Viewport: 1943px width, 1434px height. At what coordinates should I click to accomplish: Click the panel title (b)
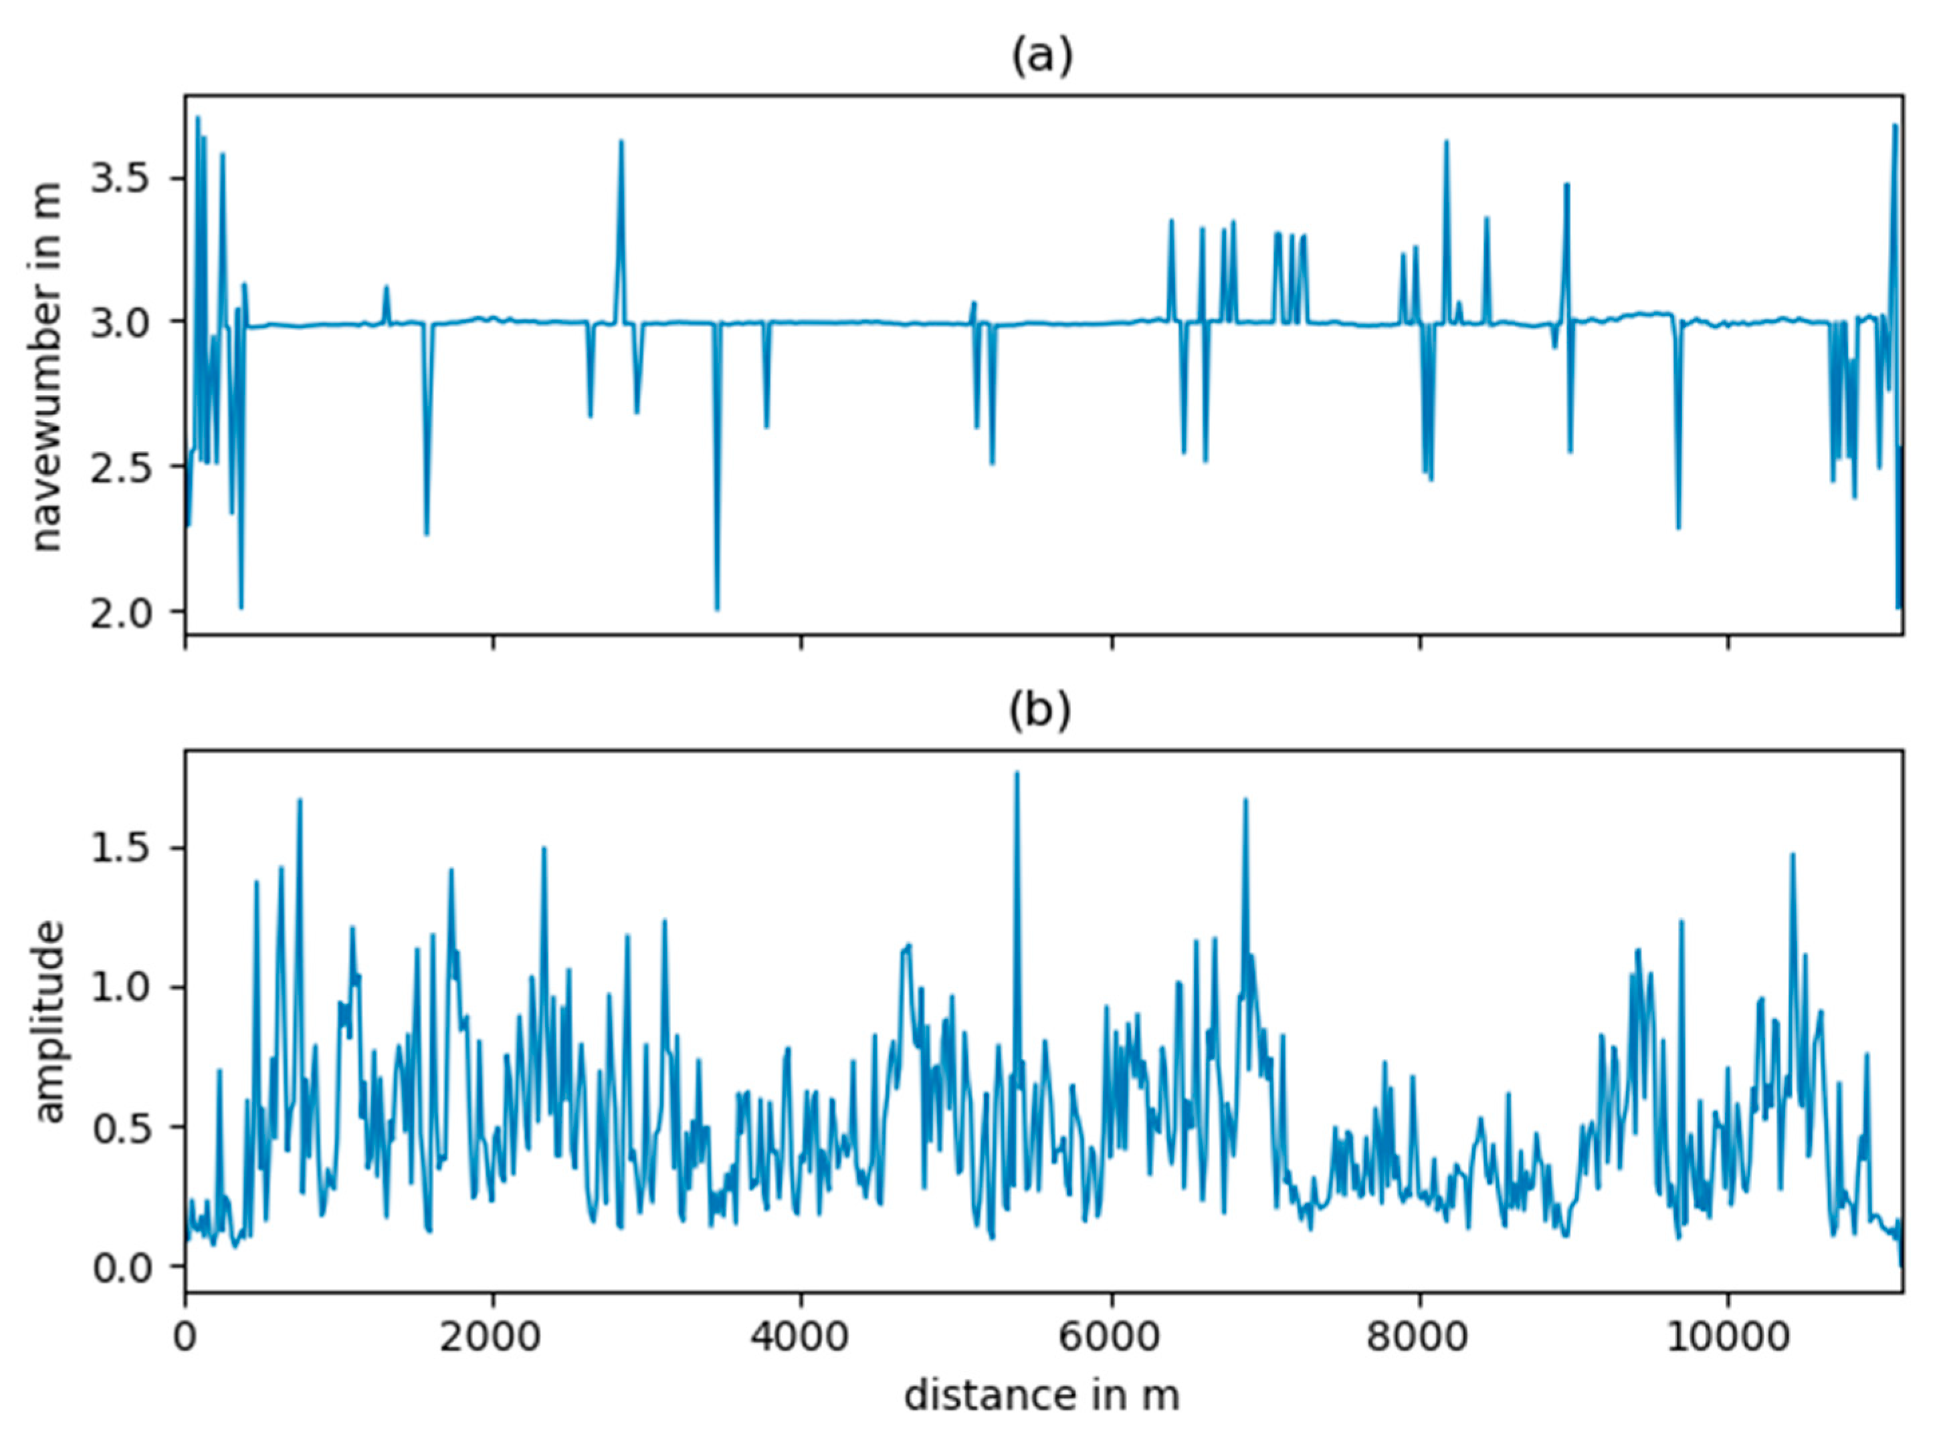1040,710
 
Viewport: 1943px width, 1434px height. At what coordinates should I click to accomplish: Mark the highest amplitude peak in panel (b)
1017,773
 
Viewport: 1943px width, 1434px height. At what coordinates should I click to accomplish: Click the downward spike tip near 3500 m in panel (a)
717,609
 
